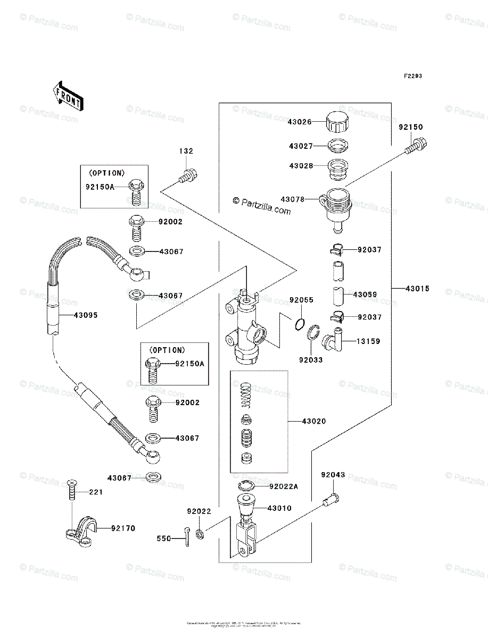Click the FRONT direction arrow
click(x=67, y=95)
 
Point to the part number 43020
click(x=313, y=421)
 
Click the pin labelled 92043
click(x=330, y=499)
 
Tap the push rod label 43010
click(x=280, y=508)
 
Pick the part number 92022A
click(x=284, y=486)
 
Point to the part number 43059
click(x=365, y=294)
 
